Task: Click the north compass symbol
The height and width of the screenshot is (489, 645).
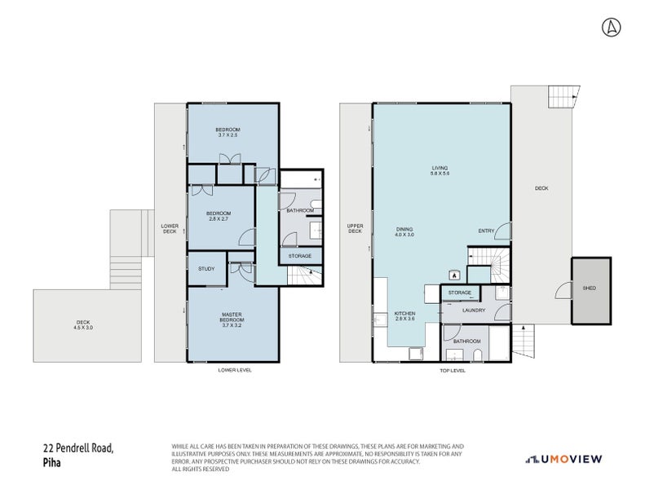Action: [609, 27]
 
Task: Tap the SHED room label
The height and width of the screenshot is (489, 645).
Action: [589, 289]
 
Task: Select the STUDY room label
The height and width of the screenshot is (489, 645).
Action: [206, 268]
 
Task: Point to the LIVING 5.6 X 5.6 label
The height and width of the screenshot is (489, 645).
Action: [440, 171]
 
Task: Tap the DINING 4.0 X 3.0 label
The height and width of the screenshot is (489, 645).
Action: [405, 231]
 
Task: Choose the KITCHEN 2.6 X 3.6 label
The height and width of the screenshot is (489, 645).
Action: [406, 316]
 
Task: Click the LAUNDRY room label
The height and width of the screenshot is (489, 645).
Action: [474, 310]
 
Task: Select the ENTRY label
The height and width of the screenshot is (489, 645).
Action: [486, 231]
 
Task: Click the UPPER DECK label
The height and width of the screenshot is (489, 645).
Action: [355, 229]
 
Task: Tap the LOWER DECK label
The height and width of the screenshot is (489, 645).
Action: [170, 229]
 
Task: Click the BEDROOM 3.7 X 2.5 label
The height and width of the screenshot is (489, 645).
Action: [228, 132]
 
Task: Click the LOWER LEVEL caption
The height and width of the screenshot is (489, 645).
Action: [235, 370]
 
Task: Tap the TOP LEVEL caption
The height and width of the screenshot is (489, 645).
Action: [452, 370]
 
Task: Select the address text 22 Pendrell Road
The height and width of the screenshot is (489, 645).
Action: [78, 447]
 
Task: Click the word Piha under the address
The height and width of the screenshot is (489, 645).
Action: [52, 462]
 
